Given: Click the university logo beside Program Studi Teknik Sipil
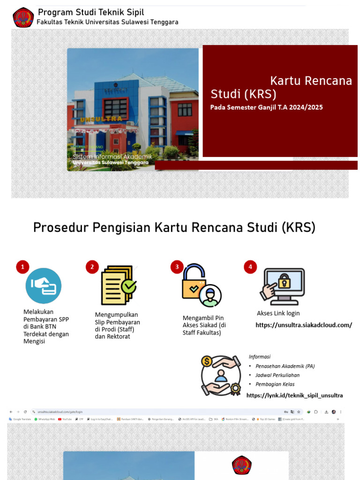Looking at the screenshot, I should [x=23, y=17].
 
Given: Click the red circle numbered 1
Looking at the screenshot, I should [x=22, y=267].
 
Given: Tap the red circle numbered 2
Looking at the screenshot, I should [x=92, y=267].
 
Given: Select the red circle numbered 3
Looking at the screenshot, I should [x=177, y=267].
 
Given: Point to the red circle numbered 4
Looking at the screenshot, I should [x=250, y=267].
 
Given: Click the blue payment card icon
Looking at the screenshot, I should [x=44, y=285].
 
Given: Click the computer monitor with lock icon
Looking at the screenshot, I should [x=283, y=286].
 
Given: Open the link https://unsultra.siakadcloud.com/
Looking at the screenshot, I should [x=303, y=325].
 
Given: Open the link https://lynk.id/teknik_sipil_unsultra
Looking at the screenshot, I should [x=294, y=395].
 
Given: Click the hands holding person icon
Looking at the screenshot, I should [x=220, y=375].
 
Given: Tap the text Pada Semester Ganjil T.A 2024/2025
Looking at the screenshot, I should [x=266, y=107].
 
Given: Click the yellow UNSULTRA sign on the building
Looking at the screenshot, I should [x=101, y=119].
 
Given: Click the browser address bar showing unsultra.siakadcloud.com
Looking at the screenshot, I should [x=61, y=412].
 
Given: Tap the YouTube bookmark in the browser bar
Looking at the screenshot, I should [x=67, y=419].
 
